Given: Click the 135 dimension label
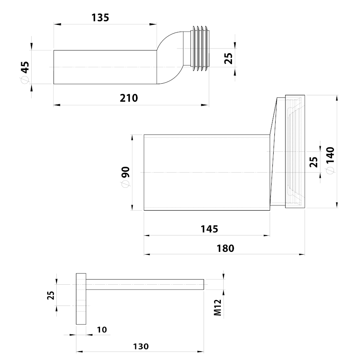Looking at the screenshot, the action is [x=100, y=18].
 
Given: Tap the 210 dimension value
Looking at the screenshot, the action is [x=129, y=98].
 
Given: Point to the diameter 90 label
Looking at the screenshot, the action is [x=126, y=177].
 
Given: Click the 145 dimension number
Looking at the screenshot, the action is [x=209, y=229].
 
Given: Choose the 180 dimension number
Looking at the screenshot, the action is [x=226, y=248].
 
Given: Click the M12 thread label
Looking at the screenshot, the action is [x=218, y=308].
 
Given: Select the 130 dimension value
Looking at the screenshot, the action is [x=141, y=346].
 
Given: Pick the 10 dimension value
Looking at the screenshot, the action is [x=102, y=330].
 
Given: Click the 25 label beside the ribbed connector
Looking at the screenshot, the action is [x=228, y=58].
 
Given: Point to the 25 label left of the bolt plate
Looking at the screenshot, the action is [x=51, y=296].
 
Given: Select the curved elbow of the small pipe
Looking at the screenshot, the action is [x=170, y=58].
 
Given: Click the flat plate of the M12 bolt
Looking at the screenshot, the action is [x=81, y=299].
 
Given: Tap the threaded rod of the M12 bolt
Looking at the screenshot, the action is [x=145, y=284].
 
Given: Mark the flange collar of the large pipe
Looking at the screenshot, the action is [x=295, y=151].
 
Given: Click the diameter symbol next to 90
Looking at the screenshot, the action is [x=126, y=184].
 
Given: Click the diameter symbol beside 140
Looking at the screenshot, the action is [x=330, y=171].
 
